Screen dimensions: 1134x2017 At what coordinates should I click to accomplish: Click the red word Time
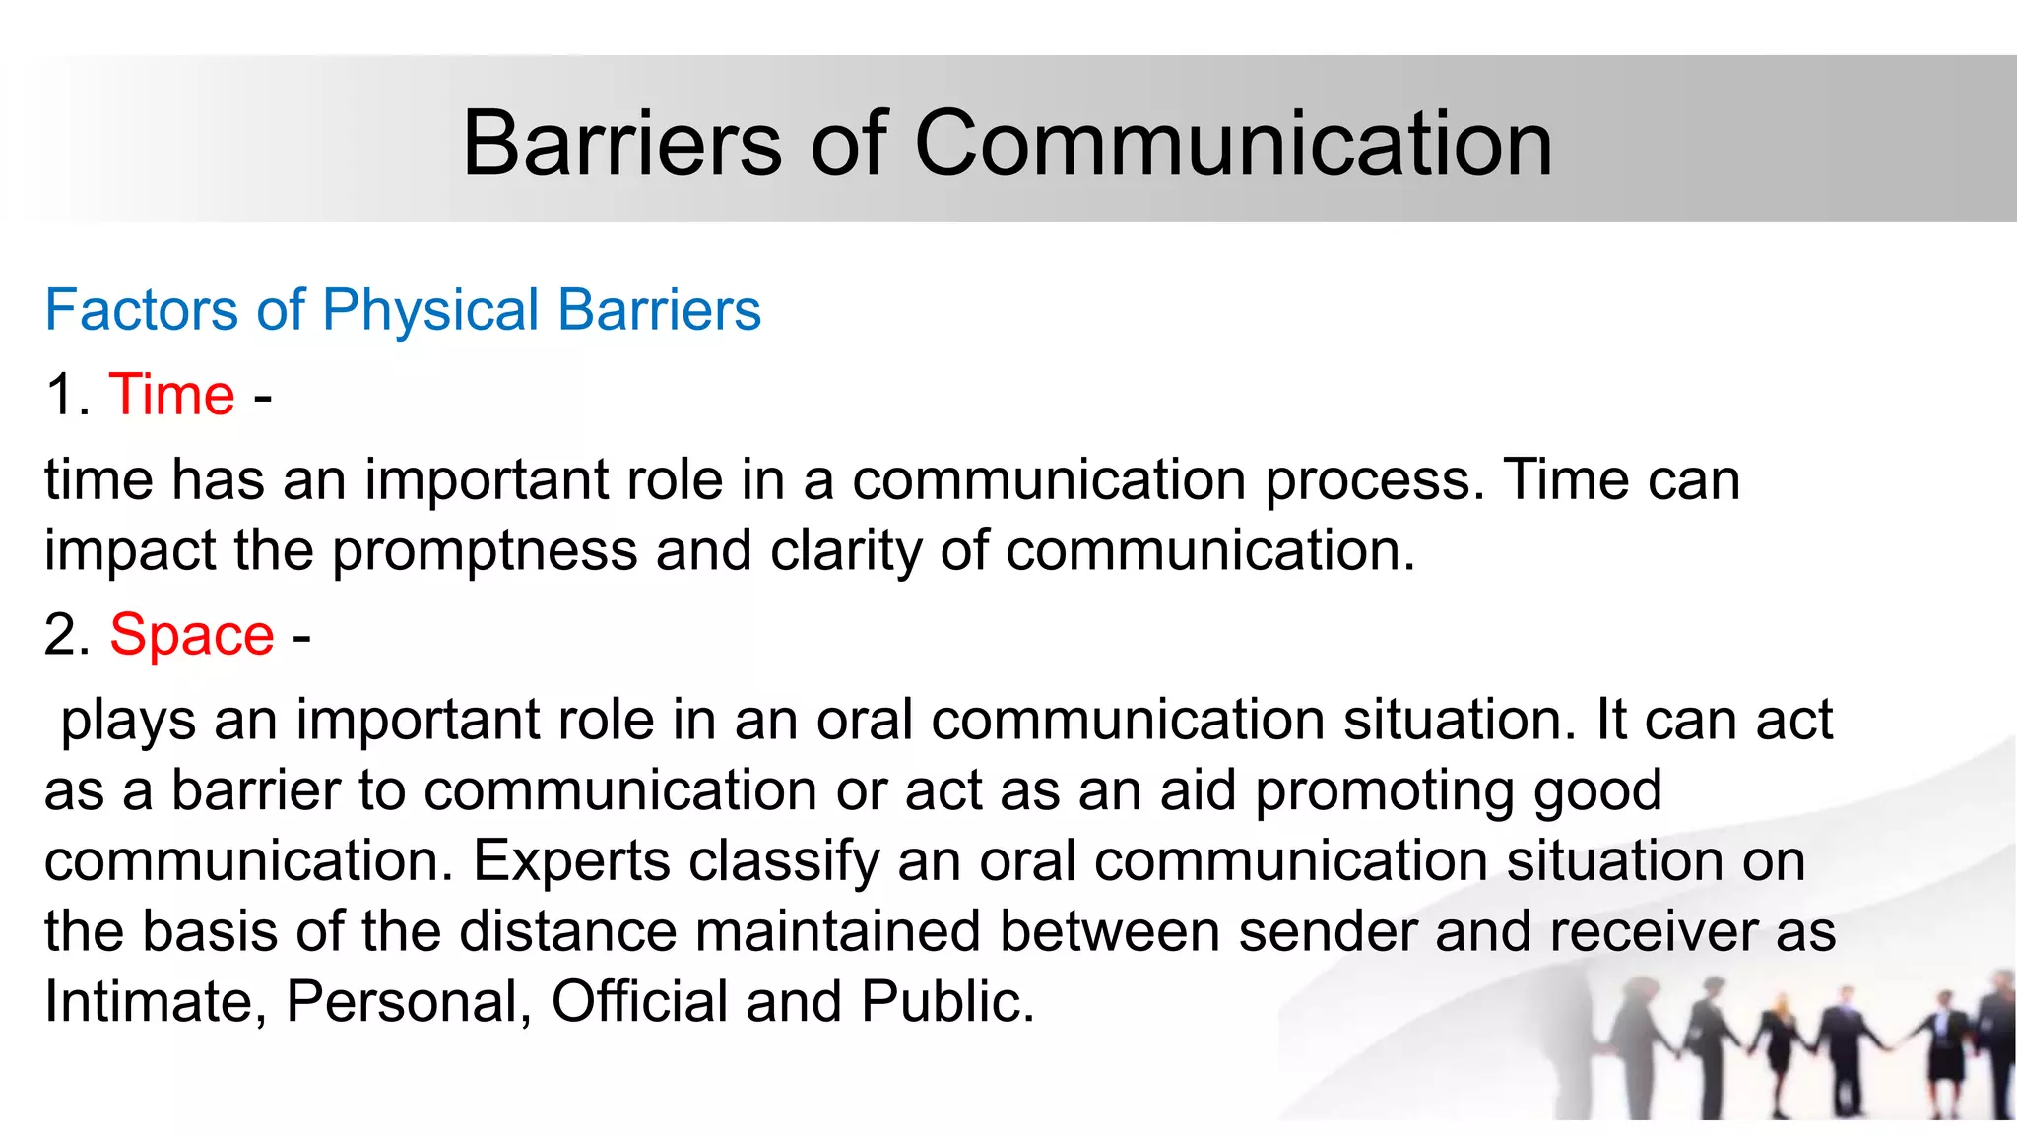point(171,395)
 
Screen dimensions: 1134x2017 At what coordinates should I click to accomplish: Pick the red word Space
point(191,635)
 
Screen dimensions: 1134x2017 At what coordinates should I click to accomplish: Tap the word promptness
point(485,551)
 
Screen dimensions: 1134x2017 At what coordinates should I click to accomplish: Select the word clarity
point(846,551)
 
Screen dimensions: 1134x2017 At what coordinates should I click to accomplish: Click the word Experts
point(571,862)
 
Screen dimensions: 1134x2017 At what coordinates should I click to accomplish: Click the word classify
point(783,862)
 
